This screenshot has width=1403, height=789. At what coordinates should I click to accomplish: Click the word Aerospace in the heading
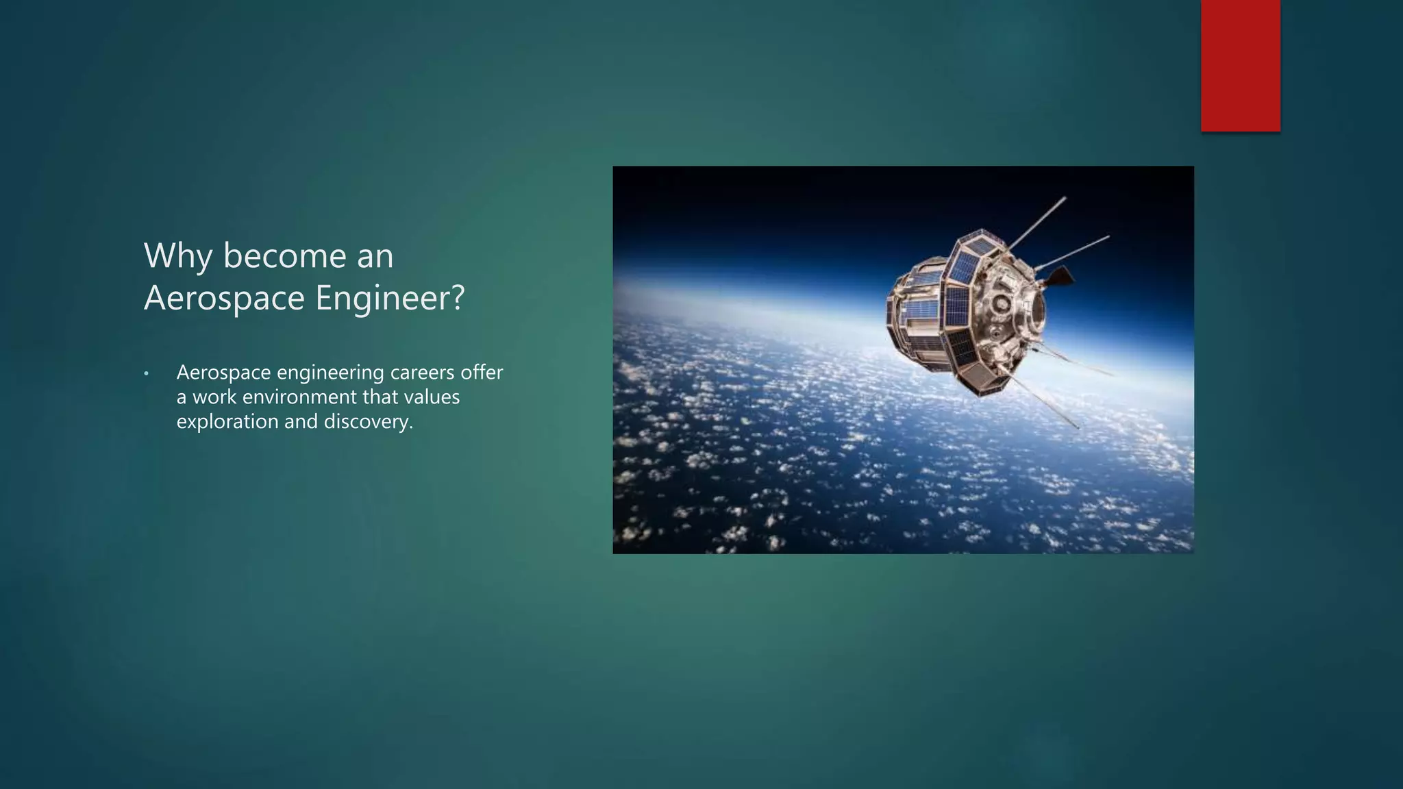tap(225, 298)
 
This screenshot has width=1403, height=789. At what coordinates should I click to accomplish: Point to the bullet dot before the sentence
tap(146, 374)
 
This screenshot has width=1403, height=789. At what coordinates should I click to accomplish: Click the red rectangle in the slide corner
tap(1240, 65)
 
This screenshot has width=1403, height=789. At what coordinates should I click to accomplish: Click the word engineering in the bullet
tap(331, 373)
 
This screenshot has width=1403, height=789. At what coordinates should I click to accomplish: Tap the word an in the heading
tap(375, 257)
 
